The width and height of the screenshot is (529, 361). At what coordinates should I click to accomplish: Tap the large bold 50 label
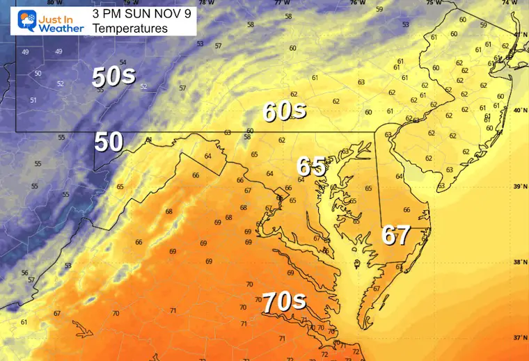pos(109,142)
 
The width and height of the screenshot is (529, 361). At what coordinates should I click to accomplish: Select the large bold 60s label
pos(285,111)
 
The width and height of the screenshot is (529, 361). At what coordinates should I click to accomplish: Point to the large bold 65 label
pos(311,167)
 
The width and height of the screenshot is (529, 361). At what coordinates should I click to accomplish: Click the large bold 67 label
pos(395,235)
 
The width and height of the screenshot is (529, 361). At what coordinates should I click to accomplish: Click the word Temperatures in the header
pos(129,29)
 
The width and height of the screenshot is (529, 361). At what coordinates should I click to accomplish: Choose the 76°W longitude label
pos(357,3)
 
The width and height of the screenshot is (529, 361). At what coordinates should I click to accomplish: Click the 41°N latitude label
pos(519,34)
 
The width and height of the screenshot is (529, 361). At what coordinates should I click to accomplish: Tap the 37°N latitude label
pos(519,338)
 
